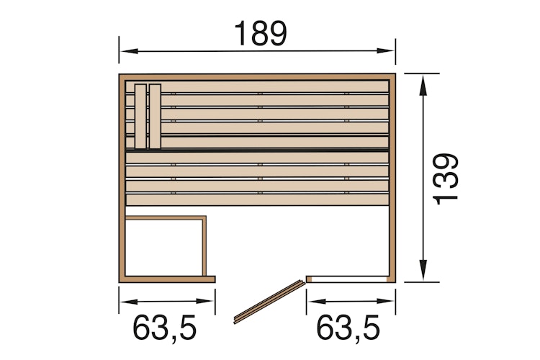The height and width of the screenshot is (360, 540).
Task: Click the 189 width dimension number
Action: (x=260, y=32)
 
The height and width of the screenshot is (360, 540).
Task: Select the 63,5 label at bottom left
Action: (x=166, y=328)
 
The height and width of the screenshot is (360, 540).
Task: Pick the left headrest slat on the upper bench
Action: (x=140, y=114)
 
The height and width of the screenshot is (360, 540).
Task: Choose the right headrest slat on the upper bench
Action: (x=155, y=114)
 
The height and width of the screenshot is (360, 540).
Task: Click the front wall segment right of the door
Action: (x=349, y=277)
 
